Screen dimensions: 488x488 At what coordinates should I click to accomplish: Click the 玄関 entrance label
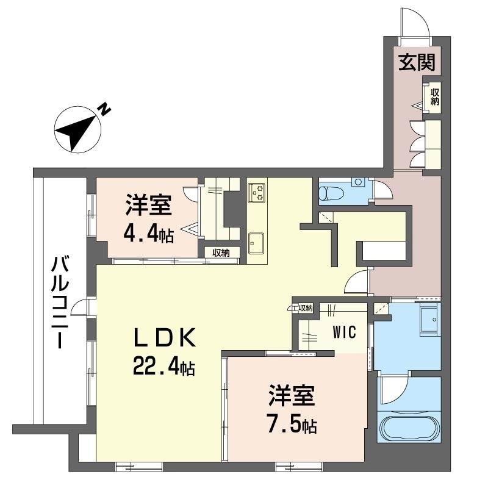[416, 63]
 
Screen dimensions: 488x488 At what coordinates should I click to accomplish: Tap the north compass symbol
[77, 129]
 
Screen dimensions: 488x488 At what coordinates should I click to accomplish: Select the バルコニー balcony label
[59, 303]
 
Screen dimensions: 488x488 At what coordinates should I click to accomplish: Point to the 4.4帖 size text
[148, 232]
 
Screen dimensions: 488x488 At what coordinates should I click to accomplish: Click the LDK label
[165, 337]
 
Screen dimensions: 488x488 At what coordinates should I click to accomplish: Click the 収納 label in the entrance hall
[434, 97]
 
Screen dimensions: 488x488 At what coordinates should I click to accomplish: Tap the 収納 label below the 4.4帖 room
[221, 253]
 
